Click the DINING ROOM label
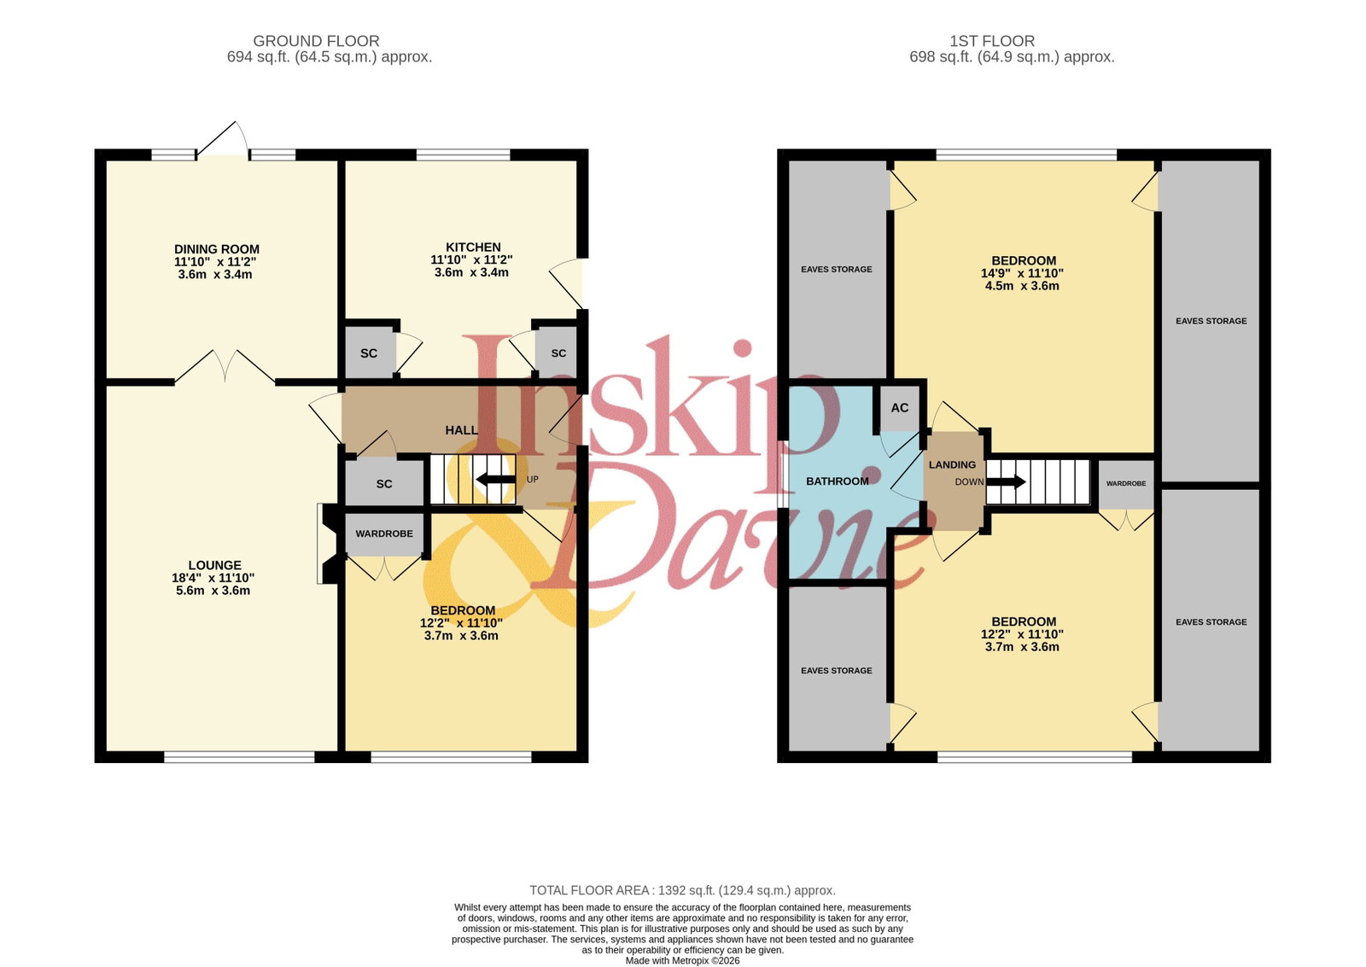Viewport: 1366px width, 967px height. [x=217, y=249]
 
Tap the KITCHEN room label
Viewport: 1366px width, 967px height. [x=473, y=247]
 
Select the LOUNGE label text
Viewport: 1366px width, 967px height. [x=214, y=565]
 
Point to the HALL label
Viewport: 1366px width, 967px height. [x=462, y=430]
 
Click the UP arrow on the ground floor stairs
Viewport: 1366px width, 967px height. [x=496, y=479]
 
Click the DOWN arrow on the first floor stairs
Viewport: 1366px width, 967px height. [x=1006, y=481]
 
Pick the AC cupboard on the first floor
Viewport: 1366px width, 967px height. [x=900, y=408]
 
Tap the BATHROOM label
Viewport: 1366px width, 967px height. [x=838, y=481]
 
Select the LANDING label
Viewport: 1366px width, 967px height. [x=952, y=464]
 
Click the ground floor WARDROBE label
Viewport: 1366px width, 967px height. [x=384, y=533]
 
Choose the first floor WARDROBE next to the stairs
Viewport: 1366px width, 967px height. [x=1126, y=484]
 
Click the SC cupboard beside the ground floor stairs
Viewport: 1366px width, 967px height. [x=384, y=483]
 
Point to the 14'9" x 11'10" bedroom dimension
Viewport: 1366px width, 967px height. [x=1022, y=273]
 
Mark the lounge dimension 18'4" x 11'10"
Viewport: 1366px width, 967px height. [x=213, y=578]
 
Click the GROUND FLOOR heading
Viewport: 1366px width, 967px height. [x=316, y=41]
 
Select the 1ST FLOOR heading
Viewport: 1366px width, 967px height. [x=992, y=41]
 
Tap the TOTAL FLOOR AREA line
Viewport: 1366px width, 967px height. [x=682, y=890]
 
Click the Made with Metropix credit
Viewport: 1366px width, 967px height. [x=682, y=960]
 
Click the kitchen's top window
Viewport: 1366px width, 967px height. [x=463, y=154]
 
